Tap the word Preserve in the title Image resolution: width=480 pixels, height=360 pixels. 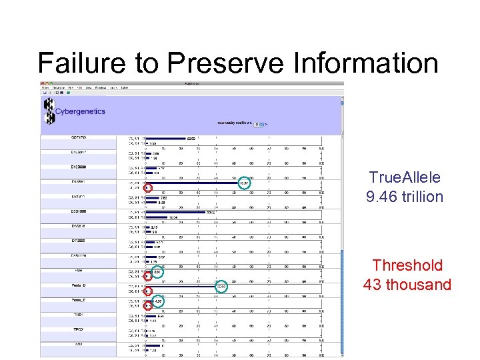[x=223, y=63]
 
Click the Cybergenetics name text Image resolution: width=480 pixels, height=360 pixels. [x=80, y=111]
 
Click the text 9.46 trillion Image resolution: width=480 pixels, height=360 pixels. [x=405, y=197]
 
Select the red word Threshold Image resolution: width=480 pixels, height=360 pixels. [x=407, y=265]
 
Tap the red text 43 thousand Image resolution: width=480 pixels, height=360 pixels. [x=407, y=285]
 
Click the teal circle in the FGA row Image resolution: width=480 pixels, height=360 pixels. [x=157, y=272]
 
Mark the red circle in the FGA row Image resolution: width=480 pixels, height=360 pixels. [x=147, y=277]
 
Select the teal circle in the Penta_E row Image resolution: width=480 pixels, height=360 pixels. [x=158, y=301]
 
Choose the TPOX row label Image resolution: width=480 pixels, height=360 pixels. [x=79, y=329]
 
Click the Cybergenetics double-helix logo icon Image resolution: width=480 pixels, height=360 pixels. [x=49, y=111]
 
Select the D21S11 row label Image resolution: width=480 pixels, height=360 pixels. [x=79, y=197]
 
